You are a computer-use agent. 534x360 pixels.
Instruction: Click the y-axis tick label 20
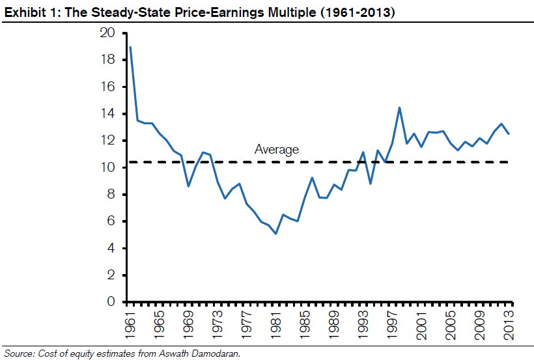tap(108, 33)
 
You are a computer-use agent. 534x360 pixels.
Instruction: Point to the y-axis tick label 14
tap(108, 114)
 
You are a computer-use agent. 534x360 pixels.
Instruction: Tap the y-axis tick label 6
tap(111, 221)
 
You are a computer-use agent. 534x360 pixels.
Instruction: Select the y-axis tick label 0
tap(111, 302)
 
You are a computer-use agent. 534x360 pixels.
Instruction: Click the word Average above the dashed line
tap(277, 150)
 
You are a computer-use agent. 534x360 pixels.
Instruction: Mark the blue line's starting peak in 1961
tap(130, 47)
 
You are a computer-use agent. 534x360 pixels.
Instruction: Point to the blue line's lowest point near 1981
tap(276, 234)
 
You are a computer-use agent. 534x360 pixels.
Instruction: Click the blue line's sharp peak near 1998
tap(399, 108)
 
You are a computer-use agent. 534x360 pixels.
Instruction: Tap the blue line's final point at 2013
tap(509, 134)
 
